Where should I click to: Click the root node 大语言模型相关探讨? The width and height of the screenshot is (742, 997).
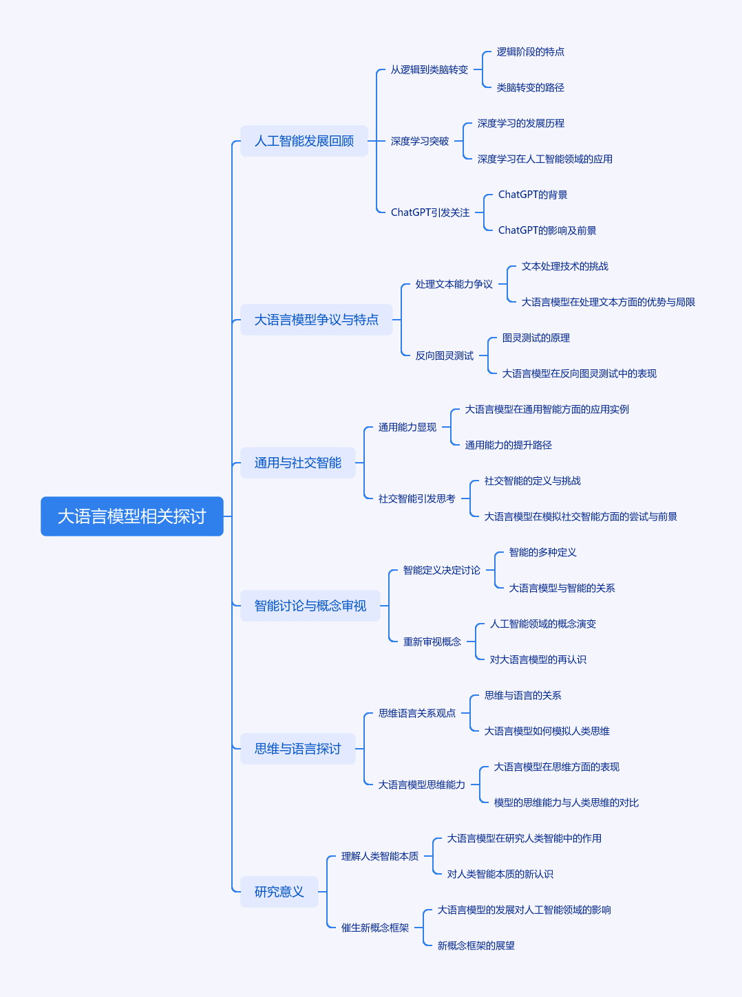click(x=132, y=516)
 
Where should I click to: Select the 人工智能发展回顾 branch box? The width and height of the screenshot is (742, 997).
click(x=304, y=141)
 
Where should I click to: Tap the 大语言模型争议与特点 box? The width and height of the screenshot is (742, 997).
click(x=317, y=320)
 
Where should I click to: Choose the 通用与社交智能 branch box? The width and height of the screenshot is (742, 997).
click(x=298, y=463)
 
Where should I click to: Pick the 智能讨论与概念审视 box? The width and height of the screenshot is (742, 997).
click(x=310, y=606)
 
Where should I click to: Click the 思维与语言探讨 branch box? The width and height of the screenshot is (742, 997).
click(x=298, y=748)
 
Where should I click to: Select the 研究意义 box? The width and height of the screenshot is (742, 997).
click(x=279, y=891)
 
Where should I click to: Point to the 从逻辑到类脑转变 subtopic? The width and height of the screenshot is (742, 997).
click(x=430, y=69)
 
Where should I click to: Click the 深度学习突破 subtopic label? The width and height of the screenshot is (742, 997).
click(x=420, y=141)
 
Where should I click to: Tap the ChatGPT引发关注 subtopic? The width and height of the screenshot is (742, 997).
click(x=430, y=212)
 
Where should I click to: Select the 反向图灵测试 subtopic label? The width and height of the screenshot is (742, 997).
click(x=444, y=355)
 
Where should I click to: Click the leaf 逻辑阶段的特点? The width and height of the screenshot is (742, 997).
click(x=531, y=52)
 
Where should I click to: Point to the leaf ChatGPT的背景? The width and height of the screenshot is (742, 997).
click(x=533, y=195)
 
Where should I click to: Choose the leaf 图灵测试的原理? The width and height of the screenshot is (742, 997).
click(x=536, y=338)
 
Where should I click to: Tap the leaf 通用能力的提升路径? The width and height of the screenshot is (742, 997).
click(x=509, y=445)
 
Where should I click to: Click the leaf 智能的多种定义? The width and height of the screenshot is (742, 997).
click(x=542, y=552)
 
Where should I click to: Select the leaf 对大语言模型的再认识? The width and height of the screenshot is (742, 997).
click(x=538, y=659)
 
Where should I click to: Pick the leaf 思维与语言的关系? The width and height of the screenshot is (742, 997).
click(x=523, y=695)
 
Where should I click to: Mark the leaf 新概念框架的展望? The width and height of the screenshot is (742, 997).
click(x=476, y=945)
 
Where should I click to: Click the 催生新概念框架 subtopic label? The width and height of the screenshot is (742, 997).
click(x=375, y=928)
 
